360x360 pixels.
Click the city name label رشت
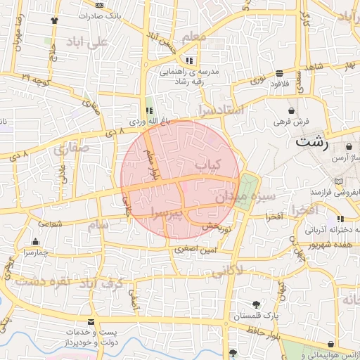311,141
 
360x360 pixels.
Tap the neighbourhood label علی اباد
86,43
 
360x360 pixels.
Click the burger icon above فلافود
280,73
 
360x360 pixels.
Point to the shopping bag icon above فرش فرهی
291,111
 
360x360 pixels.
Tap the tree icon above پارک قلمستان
255,304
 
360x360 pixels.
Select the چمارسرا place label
34,251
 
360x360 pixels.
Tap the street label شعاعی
49,224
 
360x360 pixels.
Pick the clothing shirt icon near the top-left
55,20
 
